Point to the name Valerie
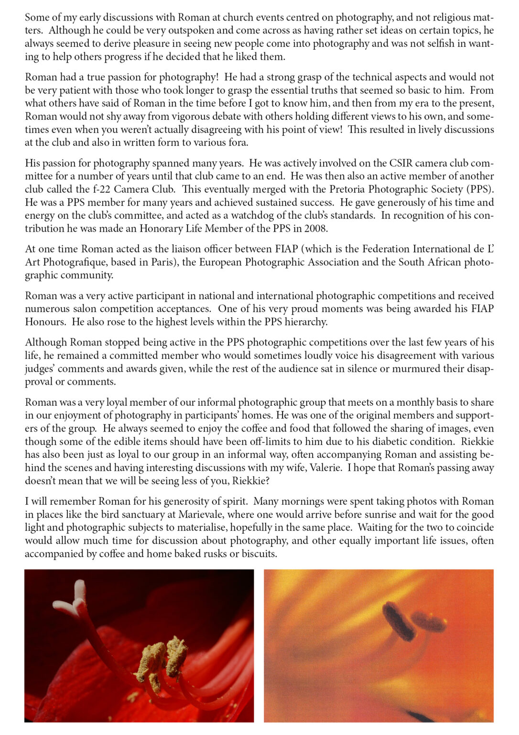click(x=325, y=468)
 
